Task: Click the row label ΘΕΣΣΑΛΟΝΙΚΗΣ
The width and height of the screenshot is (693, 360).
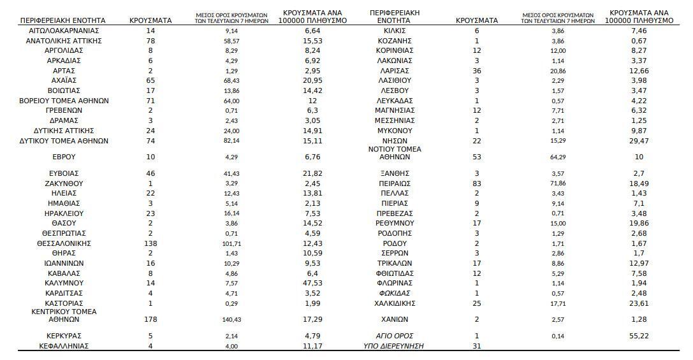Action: (64, 243)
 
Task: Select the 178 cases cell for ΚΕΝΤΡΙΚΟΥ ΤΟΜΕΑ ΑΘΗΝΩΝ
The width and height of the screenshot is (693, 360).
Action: (150, 319)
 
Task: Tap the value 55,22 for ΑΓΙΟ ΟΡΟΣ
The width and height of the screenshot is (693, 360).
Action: (639, 336)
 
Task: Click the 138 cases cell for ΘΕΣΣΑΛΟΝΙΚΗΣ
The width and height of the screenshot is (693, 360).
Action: (150, 243)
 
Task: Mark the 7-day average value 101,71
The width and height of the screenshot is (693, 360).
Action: (232, 243)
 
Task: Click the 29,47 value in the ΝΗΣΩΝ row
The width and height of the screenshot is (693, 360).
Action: (639, 141)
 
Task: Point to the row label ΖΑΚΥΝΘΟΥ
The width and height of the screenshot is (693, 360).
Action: (64, 183)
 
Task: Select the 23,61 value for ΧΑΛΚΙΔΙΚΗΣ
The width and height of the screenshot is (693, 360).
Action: (639, 303)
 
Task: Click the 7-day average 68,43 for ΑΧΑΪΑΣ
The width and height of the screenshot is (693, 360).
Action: (232, 81)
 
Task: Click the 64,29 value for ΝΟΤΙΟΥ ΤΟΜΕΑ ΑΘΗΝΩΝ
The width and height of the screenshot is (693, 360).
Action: (558, 157)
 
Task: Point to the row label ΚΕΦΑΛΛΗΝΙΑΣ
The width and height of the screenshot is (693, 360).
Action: (64, 346)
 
